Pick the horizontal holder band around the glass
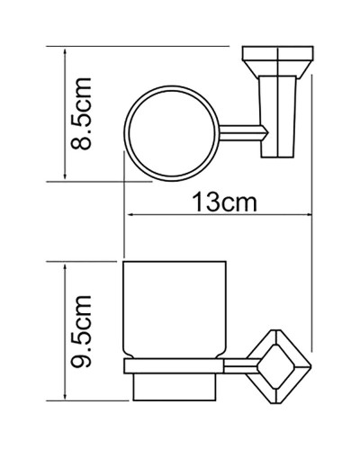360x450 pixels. coord(171,364)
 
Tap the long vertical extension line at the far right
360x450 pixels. coord(310,225)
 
